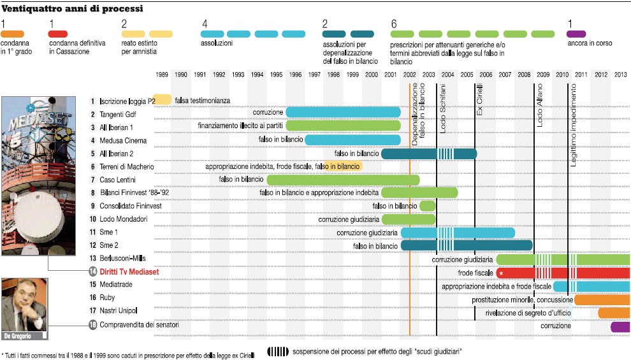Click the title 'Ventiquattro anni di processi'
72,8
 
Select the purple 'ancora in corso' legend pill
576,34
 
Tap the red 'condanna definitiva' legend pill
58,34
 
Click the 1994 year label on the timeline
257,75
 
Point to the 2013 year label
621,75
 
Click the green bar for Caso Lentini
344,180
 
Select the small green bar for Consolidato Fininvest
428,206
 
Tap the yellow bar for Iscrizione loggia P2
162,99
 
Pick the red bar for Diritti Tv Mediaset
563,273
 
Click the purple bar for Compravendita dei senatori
621,327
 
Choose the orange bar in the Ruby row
602,299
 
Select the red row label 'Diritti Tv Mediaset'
129,271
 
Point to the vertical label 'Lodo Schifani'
443,108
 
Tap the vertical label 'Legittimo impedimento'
573,125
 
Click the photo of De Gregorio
25,308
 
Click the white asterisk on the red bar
501,273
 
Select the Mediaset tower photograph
39,176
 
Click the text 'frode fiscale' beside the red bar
475,273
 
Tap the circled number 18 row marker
93,324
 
